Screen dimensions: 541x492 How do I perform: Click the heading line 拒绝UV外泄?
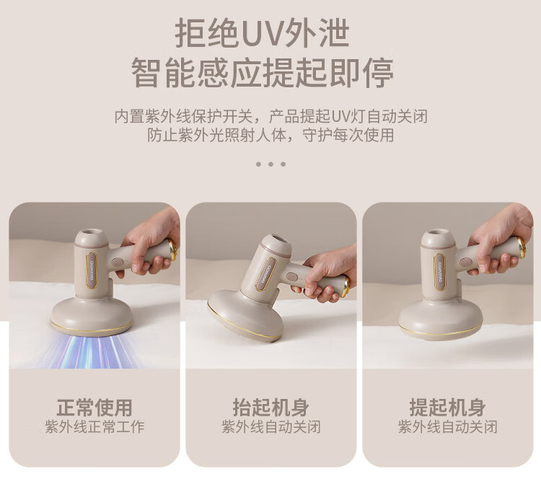pos(263,33)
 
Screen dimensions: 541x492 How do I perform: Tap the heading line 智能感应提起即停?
pos(263,73)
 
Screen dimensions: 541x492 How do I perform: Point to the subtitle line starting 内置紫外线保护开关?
pos(270,116)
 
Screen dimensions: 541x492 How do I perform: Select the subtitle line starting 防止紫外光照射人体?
pos(270,135)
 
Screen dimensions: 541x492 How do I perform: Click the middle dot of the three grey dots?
pos(270,164)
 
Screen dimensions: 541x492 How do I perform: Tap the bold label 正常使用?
pos(94,408)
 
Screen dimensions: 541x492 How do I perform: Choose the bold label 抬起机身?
pos(270,408)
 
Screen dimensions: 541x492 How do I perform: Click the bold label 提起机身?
pos(447,408)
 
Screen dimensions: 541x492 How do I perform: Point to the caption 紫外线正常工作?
pos(94,427)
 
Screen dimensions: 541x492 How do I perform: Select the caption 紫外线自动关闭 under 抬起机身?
pos(270,427)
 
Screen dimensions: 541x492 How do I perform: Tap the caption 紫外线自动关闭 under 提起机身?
pos(447,427)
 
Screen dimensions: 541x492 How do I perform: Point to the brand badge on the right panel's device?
pos(439,271)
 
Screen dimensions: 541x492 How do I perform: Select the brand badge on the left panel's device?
pos(92,270)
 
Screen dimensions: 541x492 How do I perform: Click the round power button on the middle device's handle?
pos(291,278)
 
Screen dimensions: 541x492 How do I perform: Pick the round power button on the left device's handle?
pos(116,262)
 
